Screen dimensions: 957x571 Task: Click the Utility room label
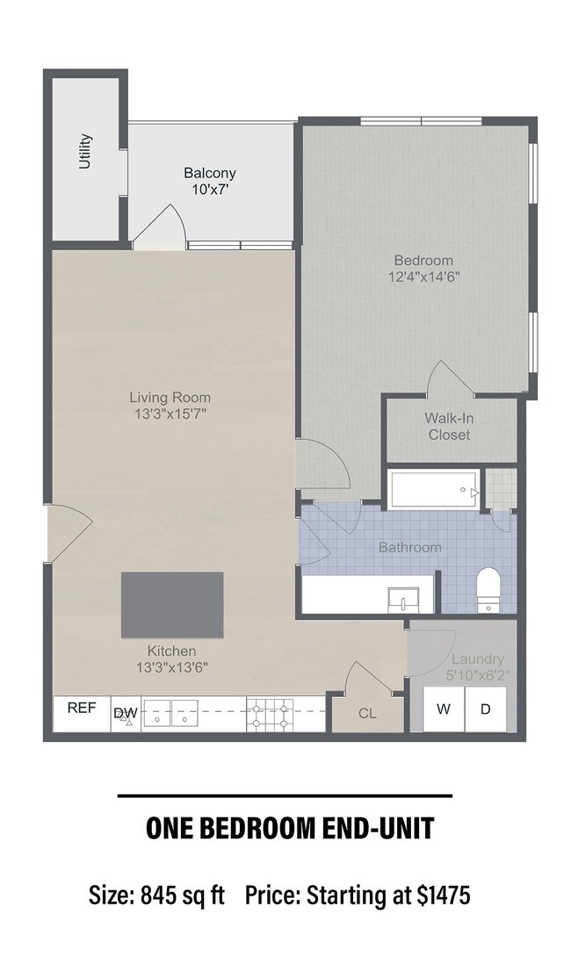[85, 151]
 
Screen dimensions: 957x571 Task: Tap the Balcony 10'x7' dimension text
[209, 189]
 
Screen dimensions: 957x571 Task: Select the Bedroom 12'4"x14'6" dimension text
[423, 276]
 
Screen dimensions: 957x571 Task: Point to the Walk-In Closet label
[449, 427]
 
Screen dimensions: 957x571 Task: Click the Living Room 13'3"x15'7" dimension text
[170, 413]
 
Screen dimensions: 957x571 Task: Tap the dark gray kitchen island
[172, 605]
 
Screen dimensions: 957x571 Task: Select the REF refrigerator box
[81, 707]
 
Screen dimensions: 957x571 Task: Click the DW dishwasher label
[121, 713]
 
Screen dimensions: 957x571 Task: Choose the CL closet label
[367, 713]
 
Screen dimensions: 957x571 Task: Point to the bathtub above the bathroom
[434, 489]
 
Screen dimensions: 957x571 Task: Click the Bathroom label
[409, 547]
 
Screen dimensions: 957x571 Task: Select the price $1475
[445, 896]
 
